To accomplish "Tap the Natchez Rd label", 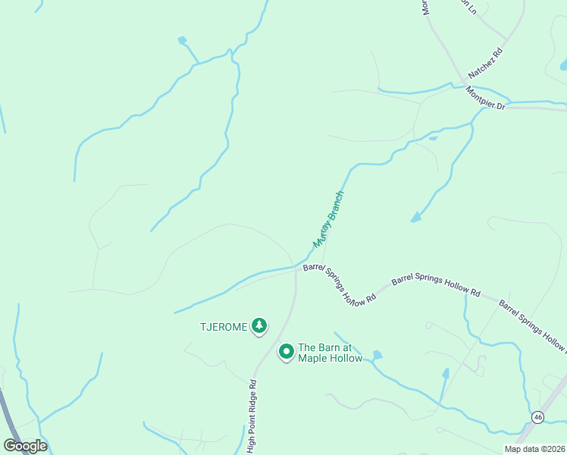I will tap(486, 64).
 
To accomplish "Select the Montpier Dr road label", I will tap(485, 99).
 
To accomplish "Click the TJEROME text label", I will tap(223, 327).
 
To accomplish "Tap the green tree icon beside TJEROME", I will tap(259, 326).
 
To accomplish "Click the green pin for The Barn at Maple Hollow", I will tap(286, 352).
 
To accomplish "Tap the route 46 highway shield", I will tap(537, 417).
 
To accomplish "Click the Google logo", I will tap(25, 446).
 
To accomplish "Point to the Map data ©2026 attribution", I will tap(534, 449).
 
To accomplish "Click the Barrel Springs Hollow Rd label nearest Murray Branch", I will tap(340, 284).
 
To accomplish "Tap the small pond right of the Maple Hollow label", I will tap(377, 355).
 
